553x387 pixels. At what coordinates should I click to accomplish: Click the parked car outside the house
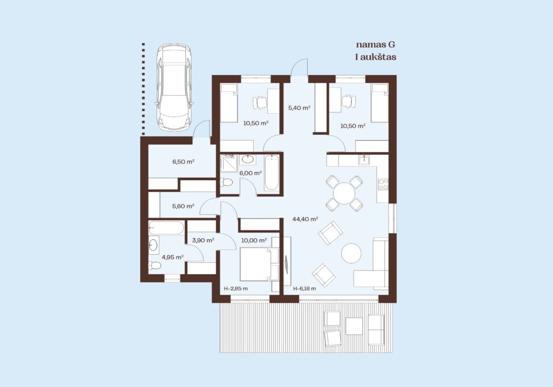(x=174, y=87)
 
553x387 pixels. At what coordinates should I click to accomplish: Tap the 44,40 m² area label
(x=306, y=219)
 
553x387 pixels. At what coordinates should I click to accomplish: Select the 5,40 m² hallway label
(x=299, y=108)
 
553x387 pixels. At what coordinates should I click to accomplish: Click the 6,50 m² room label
(x=184, y=162)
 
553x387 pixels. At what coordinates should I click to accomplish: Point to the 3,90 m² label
(x=203, y=240)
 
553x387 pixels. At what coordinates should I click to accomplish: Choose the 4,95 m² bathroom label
(x=172, y=257)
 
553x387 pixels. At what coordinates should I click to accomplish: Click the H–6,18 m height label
(x=305, y=288)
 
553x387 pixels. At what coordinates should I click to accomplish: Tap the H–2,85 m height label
(x=236, y=288)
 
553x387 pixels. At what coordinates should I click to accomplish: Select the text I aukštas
(x=376, y=57)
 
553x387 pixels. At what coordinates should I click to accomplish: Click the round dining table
(x=344, y=193)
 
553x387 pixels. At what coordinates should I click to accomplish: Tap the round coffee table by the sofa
(x=351, y=254)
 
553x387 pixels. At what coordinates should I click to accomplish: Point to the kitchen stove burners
(x=383, y=184)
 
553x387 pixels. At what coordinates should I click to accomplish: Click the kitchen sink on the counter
(x=365, y=160)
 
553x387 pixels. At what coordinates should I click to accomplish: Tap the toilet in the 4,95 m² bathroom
(x=154, y=266)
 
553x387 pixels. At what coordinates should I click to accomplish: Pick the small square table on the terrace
(x=354, y=326)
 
